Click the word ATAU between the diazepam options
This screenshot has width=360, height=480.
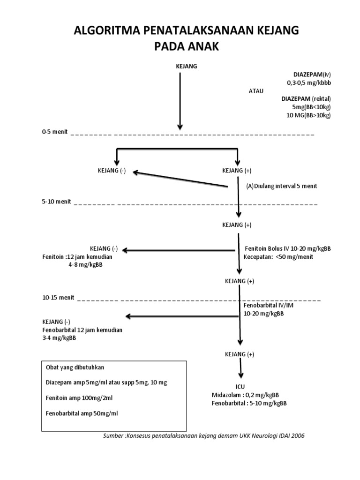tap(256, 91)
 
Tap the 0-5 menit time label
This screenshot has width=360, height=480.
tap(54, 132)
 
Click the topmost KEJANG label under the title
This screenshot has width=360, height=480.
tap(186, 66)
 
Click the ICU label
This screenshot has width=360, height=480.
tap(240, 387)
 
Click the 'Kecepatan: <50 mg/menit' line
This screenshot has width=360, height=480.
tap(278, 257)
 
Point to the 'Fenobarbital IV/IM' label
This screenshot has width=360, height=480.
tap(268, 305)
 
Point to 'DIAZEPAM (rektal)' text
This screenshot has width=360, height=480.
tap(306, 99)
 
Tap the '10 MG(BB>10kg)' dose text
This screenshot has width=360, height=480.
tap(308, 115)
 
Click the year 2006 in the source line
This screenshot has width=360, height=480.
tap(297, 435)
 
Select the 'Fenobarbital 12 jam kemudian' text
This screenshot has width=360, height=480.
tap(82, 330)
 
